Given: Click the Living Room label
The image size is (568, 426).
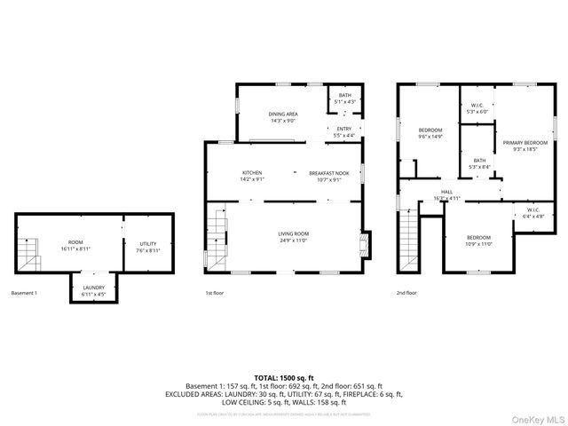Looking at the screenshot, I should tap(293, 236).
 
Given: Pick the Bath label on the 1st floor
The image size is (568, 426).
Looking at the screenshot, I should tap(343, 99).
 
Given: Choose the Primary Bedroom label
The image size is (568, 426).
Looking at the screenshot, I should tap(524, 146).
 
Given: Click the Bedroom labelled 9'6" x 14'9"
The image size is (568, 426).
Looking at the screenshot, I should tap(430, 133).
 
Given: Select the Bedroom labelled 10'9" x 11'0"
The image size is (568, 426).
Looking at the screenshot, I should tap(478, 241).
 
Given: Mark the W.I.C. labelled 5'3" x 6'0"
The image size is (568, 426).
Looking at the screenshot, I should tap(477, 108).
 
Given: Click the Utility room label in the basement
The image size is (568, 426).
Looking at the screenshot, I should tap(147, 247).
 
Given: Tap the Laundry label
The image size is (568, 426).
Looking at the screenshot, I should tap(94, 289).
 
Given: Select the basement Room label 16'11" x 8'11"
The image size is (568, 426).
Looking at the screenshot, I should tap(75, 247).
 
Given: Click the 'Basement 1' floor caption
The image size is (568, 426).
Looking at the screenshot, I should tap(24, 293).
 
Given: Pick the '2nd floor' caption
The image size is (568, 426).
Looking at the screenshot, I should tap(406, 293).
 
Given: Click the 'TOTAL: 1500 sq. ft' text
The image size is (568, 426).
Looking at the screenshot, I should tap(283, 378).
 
